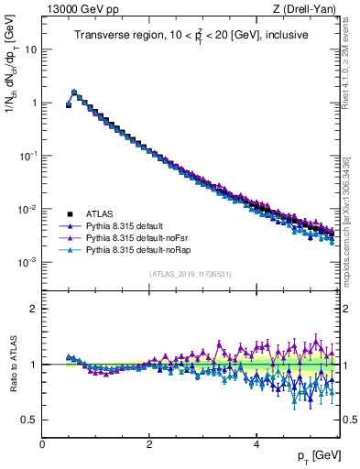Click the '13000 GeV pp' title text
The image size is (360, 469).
coord(80,10)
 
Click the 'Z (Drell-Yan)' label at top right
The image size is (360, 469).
coord(308,10)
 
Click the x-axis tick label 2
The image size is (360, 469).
coord(148,443)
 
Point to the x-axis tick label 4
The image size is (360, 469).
coord(256,443)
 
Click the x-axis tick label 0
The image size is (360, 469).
coord(42,443)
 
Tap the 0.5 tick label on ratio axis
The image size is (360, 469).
coord(29,420)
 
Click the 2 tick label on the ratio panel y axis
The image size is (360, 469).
coord(33,309)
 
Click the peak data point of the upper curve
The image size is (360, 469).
coord(74,92)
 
